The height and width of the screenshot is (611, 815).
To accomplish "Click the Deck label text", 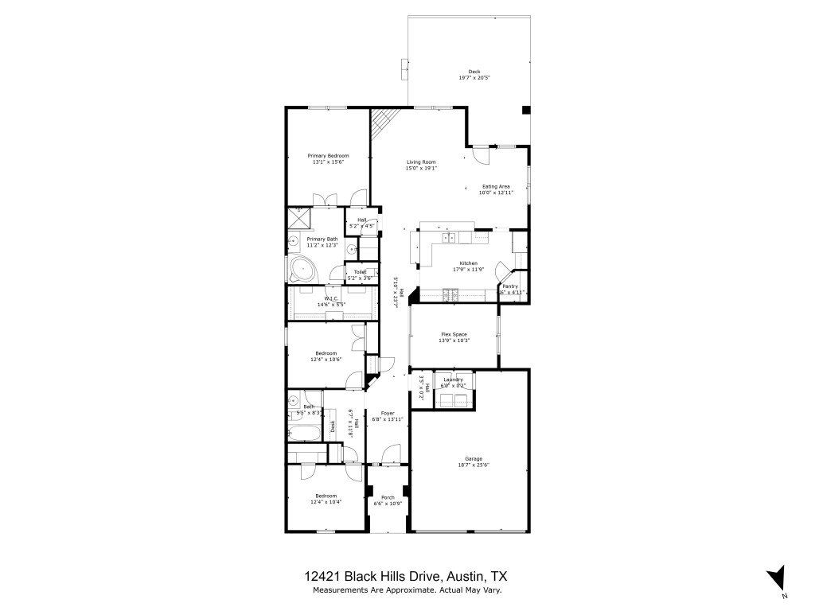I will point(474,72).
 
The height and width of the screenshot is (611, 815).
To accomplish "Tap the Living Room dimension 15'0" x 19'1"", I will point(421,168).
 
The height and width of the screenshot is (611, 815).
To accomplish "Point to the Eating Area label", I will point(495,186).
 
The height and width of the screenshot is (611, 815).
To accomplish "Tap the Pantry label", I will point(510,286).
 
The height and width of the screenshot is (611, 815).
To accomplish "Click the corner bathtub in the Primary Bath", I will point(303,270).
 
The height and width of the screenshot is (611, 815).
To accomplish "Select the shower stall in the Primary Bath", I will point(299,217).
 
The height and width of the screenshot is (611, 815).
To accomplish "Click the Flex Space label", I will point(454,334).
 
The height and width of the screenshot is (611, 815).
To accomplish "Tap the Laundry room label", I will point(453,379).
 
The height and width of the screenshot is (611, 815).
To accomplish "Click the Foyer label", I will point(388,413).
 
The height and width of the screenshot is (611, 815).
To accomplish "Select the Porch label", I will point(388,497).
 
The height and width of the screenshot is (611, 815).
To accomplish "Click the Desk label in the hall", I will point(333,426).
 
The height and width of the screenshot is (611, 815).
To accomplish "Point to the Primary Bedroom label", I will point(328,156).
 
